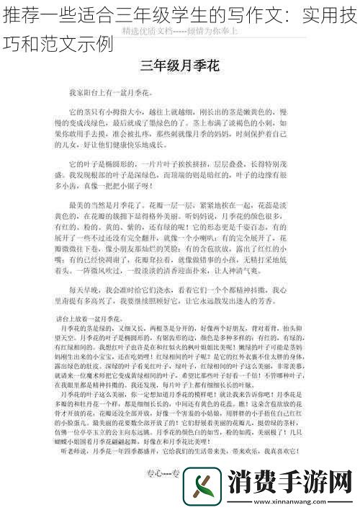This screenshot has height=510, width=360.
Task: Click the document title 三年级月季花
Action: (x=179, y=67)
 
